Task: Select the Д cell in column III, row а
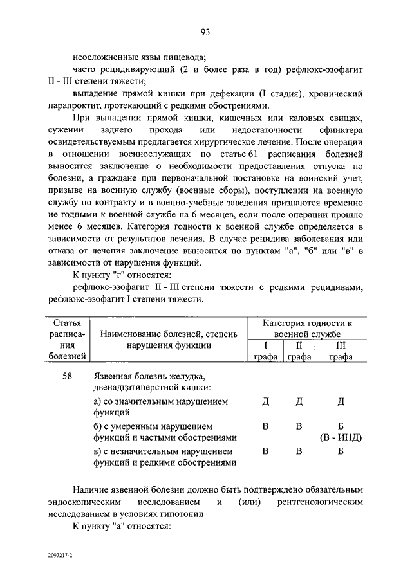(x=341, y=402)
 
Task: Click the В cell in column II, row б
(x=299, y=426)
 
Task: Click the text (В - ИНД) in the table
(x=341, y=438)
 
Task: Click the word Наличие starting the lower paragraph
(x=90, y=488)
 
